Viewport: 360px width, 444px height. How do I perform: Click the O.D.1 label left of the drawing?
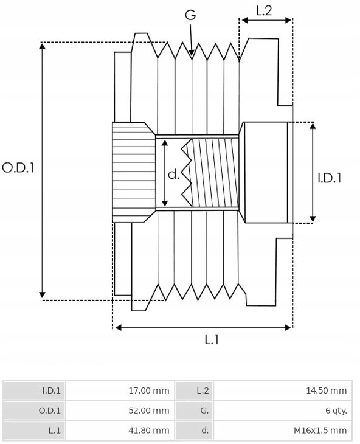click(x=18, y=168)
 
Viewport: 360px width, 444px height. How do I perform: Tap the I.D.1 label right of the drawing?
click(x=330, y=178)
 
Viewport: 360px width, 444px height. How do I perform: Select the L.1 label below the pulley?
click(x=212, y=339)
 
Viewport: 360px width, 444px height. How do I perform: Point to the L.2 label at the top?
click(x=264, y=10)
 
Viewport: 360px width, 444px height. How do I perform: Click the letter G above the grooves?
click(x=190, y=15)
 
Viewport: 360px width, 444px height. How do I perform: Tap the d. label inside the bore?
click(x=173, y=174)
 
